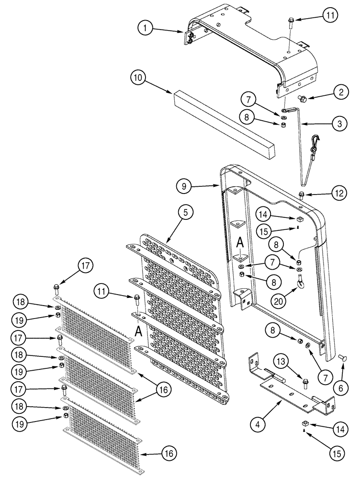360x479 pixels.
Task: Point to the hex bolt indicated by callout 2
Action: (303, 99)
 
